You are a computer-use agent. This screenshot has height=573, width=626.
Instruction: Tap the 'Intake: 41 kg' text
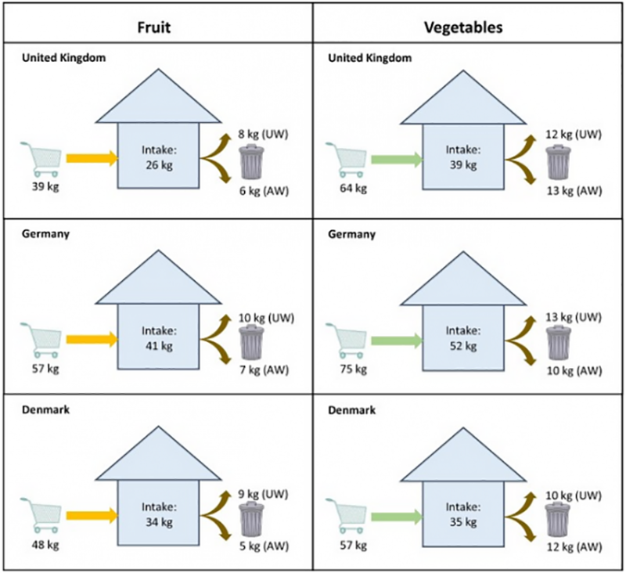click(156, 337)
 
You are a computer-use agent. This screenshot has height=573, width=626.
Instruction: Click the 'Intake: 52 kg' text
click(462, 337)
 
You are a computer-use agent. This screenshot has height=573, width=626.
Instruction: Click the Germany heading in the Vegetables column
click(351, 234)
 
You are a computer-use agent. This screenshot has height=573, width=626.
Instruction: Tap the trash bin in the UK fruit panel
click(251, 162)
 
